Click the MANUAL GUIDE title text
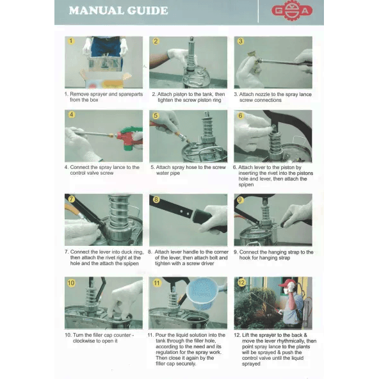point(118,11)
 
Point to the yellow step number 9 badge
point(240,199)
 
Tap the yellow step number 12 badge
point(241,282)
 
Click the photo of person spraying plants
point(273,303)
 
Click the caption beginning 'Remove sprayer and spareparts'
point(102,97)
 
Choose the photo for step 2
point(188,62)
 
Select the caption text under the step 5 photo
point(188,170)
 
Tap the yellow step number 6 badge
point(240,116)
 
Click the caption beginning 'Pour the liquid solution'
point(189,350)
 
